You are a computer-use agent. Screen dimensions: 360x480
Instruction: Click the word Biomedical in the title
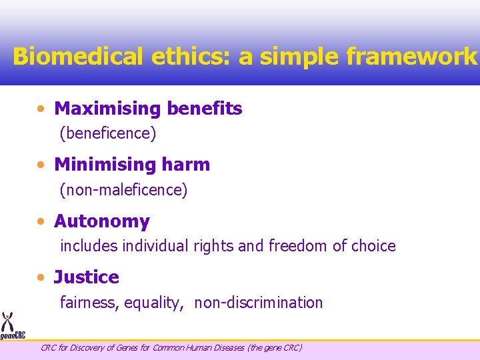76,56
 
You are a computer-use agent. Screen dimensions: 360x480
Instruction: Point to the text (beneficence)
108,133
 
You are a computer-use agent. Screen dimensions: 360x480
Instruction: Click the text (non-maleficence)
124,190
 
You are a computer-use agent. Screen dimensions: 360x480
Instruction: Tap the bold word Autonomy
102,221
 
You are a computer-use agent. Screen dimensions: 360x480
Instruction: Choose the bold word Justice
87,277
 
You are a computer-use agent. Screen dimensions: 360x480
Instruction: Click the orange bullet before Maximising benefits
42,109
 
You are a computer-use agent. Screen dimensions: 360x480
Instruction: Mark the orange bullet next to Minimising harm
42,165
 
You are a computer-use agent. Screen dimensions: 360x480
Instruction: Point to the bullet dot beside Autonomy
42,221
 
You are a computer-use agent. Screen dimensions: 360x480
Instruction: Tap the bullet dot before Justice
42,277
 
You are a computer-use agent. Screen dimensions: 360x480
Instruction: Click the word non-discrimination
259,303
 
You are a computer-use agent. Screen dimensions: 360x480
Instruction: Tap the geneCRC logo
11,326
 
